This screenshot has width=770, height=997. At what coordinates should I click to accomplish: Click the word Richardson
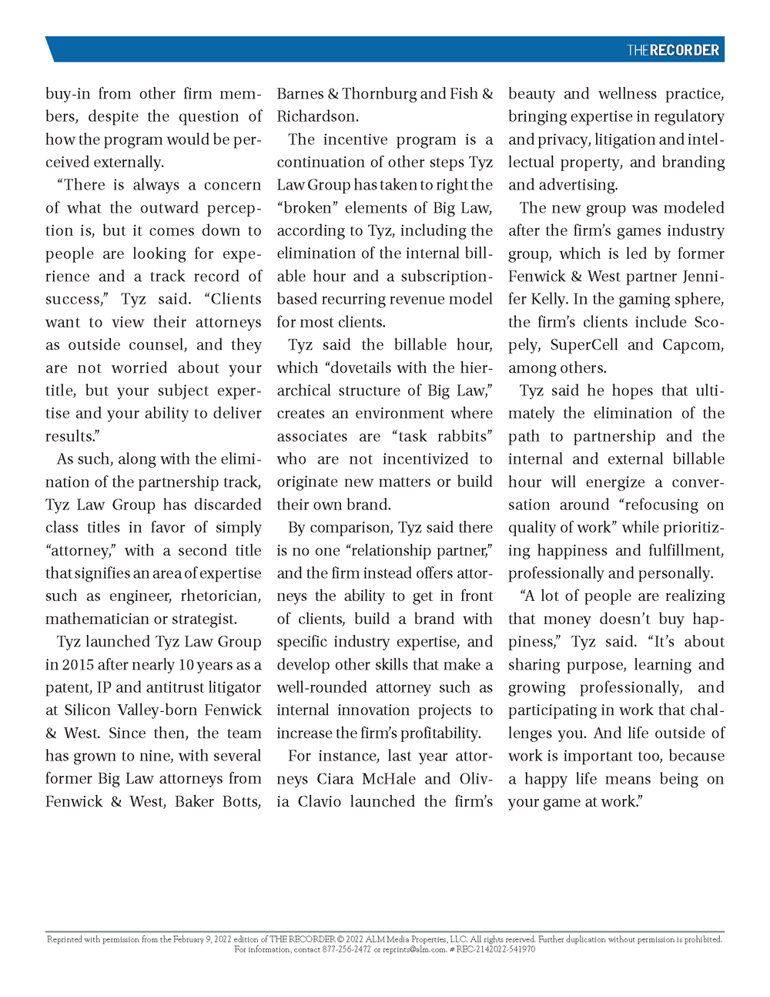[x=316, y=117]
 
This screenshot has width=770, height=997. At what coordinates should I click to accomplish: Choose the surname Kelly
[x=548, y=300]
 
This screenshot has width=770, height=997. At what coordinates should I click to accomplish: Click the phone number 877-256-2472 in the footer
[x=346, y=949]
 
